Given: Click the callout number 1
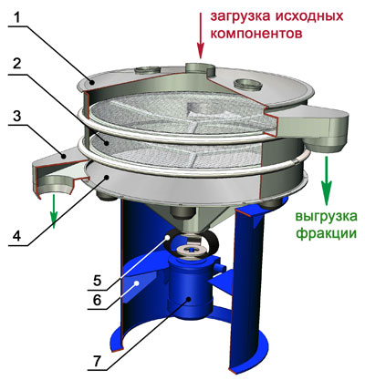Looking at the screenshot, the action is [16, 17].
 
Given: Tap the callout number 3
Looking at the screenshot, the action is [17, 116].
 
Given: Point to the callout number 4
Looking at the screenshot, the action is [17, 234].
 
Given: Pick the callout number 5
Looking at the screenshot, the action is [97, 280].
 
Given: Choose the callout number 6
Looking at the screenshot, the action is [97, 300].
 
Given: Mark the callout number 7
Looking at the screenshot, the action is [97, 361].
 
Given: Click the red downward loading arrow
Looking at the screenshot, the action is [200, 35].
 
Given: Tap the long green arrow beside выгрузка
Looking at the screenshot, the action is [326, 180].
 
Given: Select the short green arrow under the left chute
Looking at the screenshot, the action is [54, 211].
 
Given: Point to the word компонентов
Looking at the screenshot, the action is [256, 33].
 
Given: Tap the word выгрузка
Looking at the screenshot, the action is [326, 217].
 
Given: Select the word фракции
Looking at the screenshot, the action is [326, 234].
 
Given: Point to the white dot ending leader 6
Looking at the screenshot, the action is [138, 283].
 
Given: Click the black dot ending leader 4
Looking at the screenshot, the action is [106, 178].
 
